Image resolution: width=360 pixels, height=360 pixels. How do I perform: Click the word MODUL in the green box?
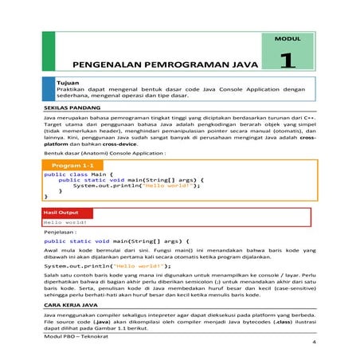click(286, 38)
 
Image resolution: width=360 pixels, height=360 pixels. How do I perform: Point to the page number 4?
click(315, 343)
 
